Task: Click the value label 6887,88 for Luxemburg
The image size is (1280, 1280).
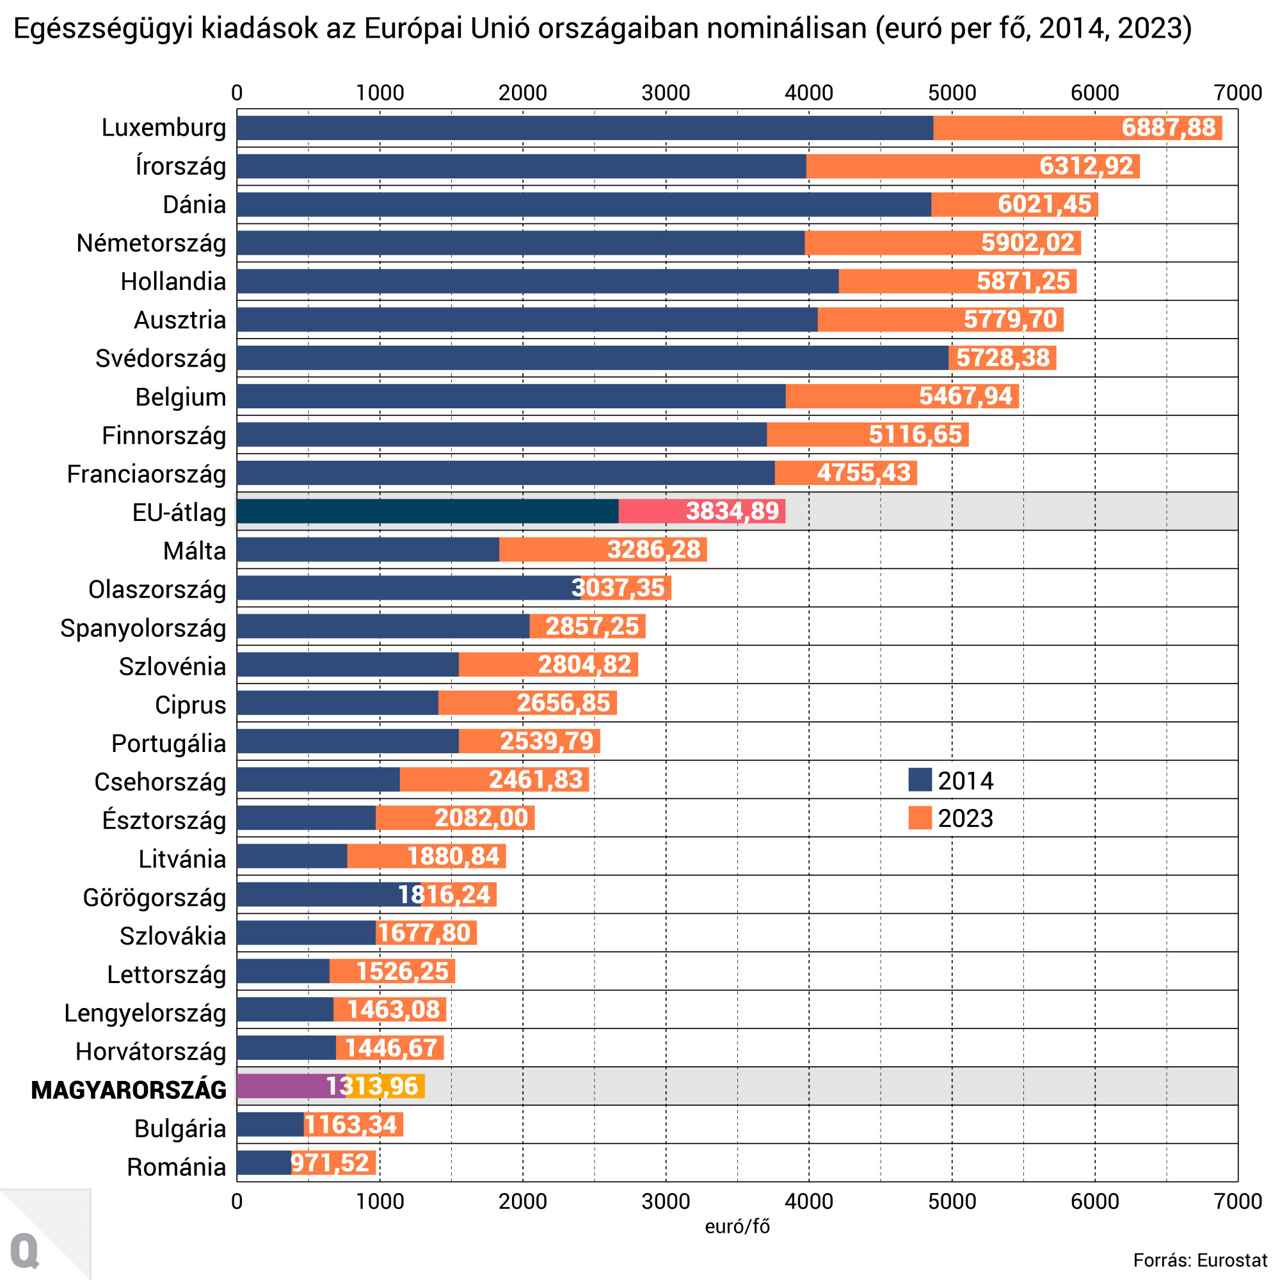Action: (x=1168, y=127)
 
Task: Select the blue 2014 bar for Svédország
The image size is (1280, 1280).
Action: (x=591, y=358)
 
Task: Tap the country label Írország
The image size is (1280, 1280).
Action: (x=180, y=166)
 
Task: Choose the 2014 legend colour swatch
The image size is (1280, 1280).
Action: (x=920, y=780)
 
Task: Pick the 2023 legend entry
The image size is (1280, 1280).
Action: (x=952, y=818)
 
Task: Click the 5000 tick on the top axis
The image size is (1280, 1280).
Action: (x=952, y=93)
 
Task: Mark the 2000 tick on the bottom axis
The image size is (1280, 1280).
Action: (x=522, y=1201)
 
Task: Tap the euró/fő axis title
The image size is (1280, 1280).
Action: (x=737, y=1226)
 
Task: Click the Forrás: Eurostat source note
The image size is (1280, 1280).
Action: (x=1200, y=1260)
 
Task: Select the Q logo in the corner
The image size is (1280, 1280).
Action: (x=25, y=1251)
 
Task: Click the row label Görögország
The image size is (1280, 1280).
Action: (x=154, y=898)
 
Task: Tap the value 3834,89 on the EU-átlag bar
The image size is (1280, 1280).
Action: (x=732, y=511)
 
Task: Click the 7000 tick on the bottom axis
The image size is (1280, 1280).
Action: (x=1237, y=1201)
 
